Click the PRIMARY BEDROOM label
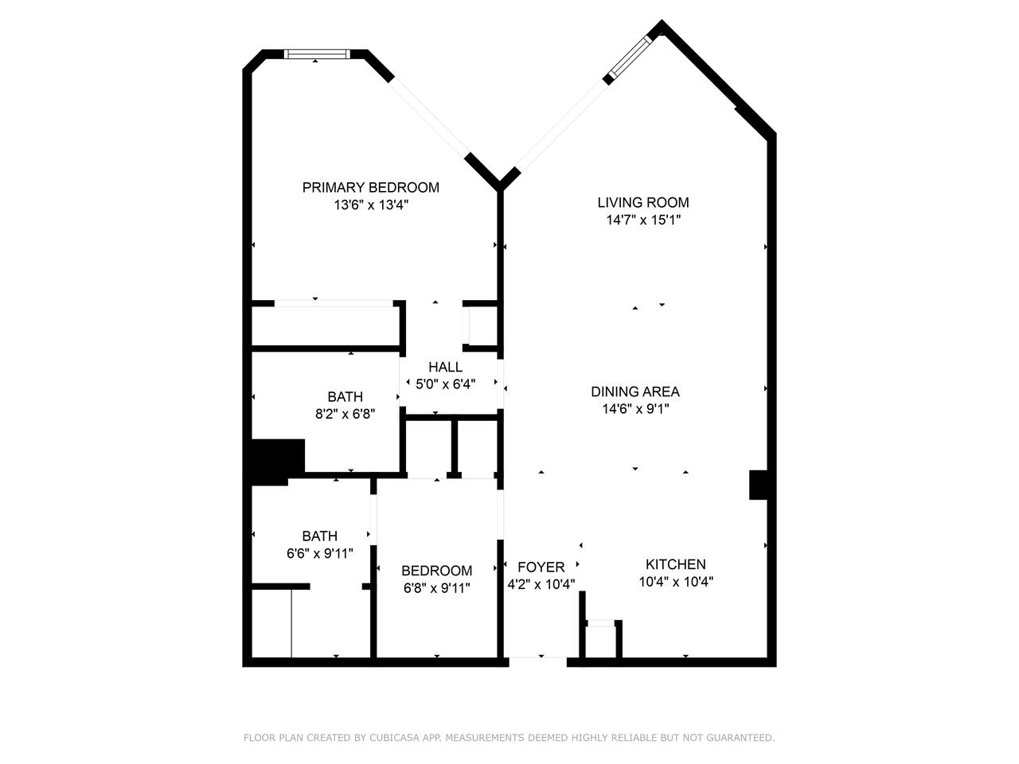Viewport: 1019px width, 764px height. tap(370, 187)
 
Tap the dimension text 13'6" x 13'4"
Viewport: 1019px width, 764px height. tap(370, 205)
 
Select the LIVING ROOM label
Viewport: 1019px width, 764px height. tap(643, 202)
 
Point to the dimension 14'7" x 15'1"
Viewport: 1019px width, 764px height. tap(643, 220)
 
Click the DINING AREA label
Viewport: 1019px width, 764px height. tap(635, 392)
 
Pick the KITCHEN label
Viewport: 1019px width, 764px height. tap(675, 564)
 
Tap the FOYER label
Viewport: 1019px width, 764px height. tap(541, 567)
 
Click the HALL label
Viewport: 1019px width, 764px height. tap(445, 367)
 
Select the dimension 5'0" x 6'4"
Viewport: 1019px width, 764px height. tap(445, 384)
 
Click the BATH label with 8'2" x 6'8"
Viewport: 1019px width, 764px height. tap(345, 396)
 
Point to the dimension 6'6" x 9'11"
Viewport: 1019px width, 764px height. tap(320, 553)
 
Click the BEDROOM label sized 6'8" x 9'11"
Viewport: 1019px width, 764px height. tap(436, 570)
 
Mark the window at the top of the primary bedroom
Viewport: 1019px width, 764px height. tap(317, 54)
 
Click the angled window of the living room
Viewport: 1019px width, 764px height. tap(631, 57)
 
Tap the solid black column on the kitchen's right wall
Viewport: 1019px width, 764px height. tap(758, 485)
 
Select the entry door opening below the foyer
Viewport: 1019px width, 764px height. tap(538, 662)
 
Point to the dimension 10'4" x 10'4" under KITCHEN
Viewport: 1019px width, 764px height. tap(675, 581)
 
